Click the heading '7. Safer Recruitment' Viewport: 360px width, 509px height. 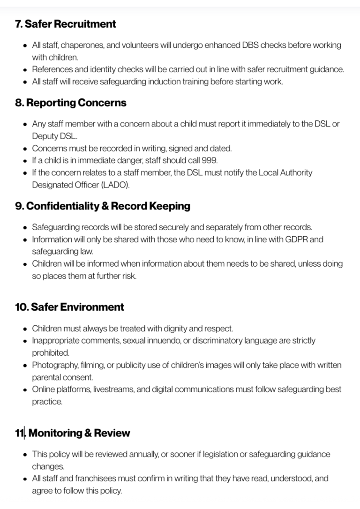point(66,23)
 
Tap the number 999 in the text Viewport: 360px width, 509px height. point(209,160)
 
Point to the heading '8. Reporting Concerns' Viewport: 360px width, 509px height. point(71,103)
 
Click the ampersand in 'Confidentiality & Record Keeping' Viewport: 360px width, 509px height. point(105,206)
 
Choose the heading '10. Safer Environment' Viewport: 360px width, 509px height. point(69,307)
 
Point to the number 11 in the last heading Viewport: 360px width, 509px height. point(19,433)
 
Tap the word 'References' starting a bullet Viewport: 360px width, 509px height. point(52,69)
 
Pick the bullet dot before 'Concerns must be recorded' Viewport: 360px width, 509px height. point(25,149)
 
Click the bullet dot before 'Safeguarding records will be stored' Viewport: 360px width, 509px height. point(25,227)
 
